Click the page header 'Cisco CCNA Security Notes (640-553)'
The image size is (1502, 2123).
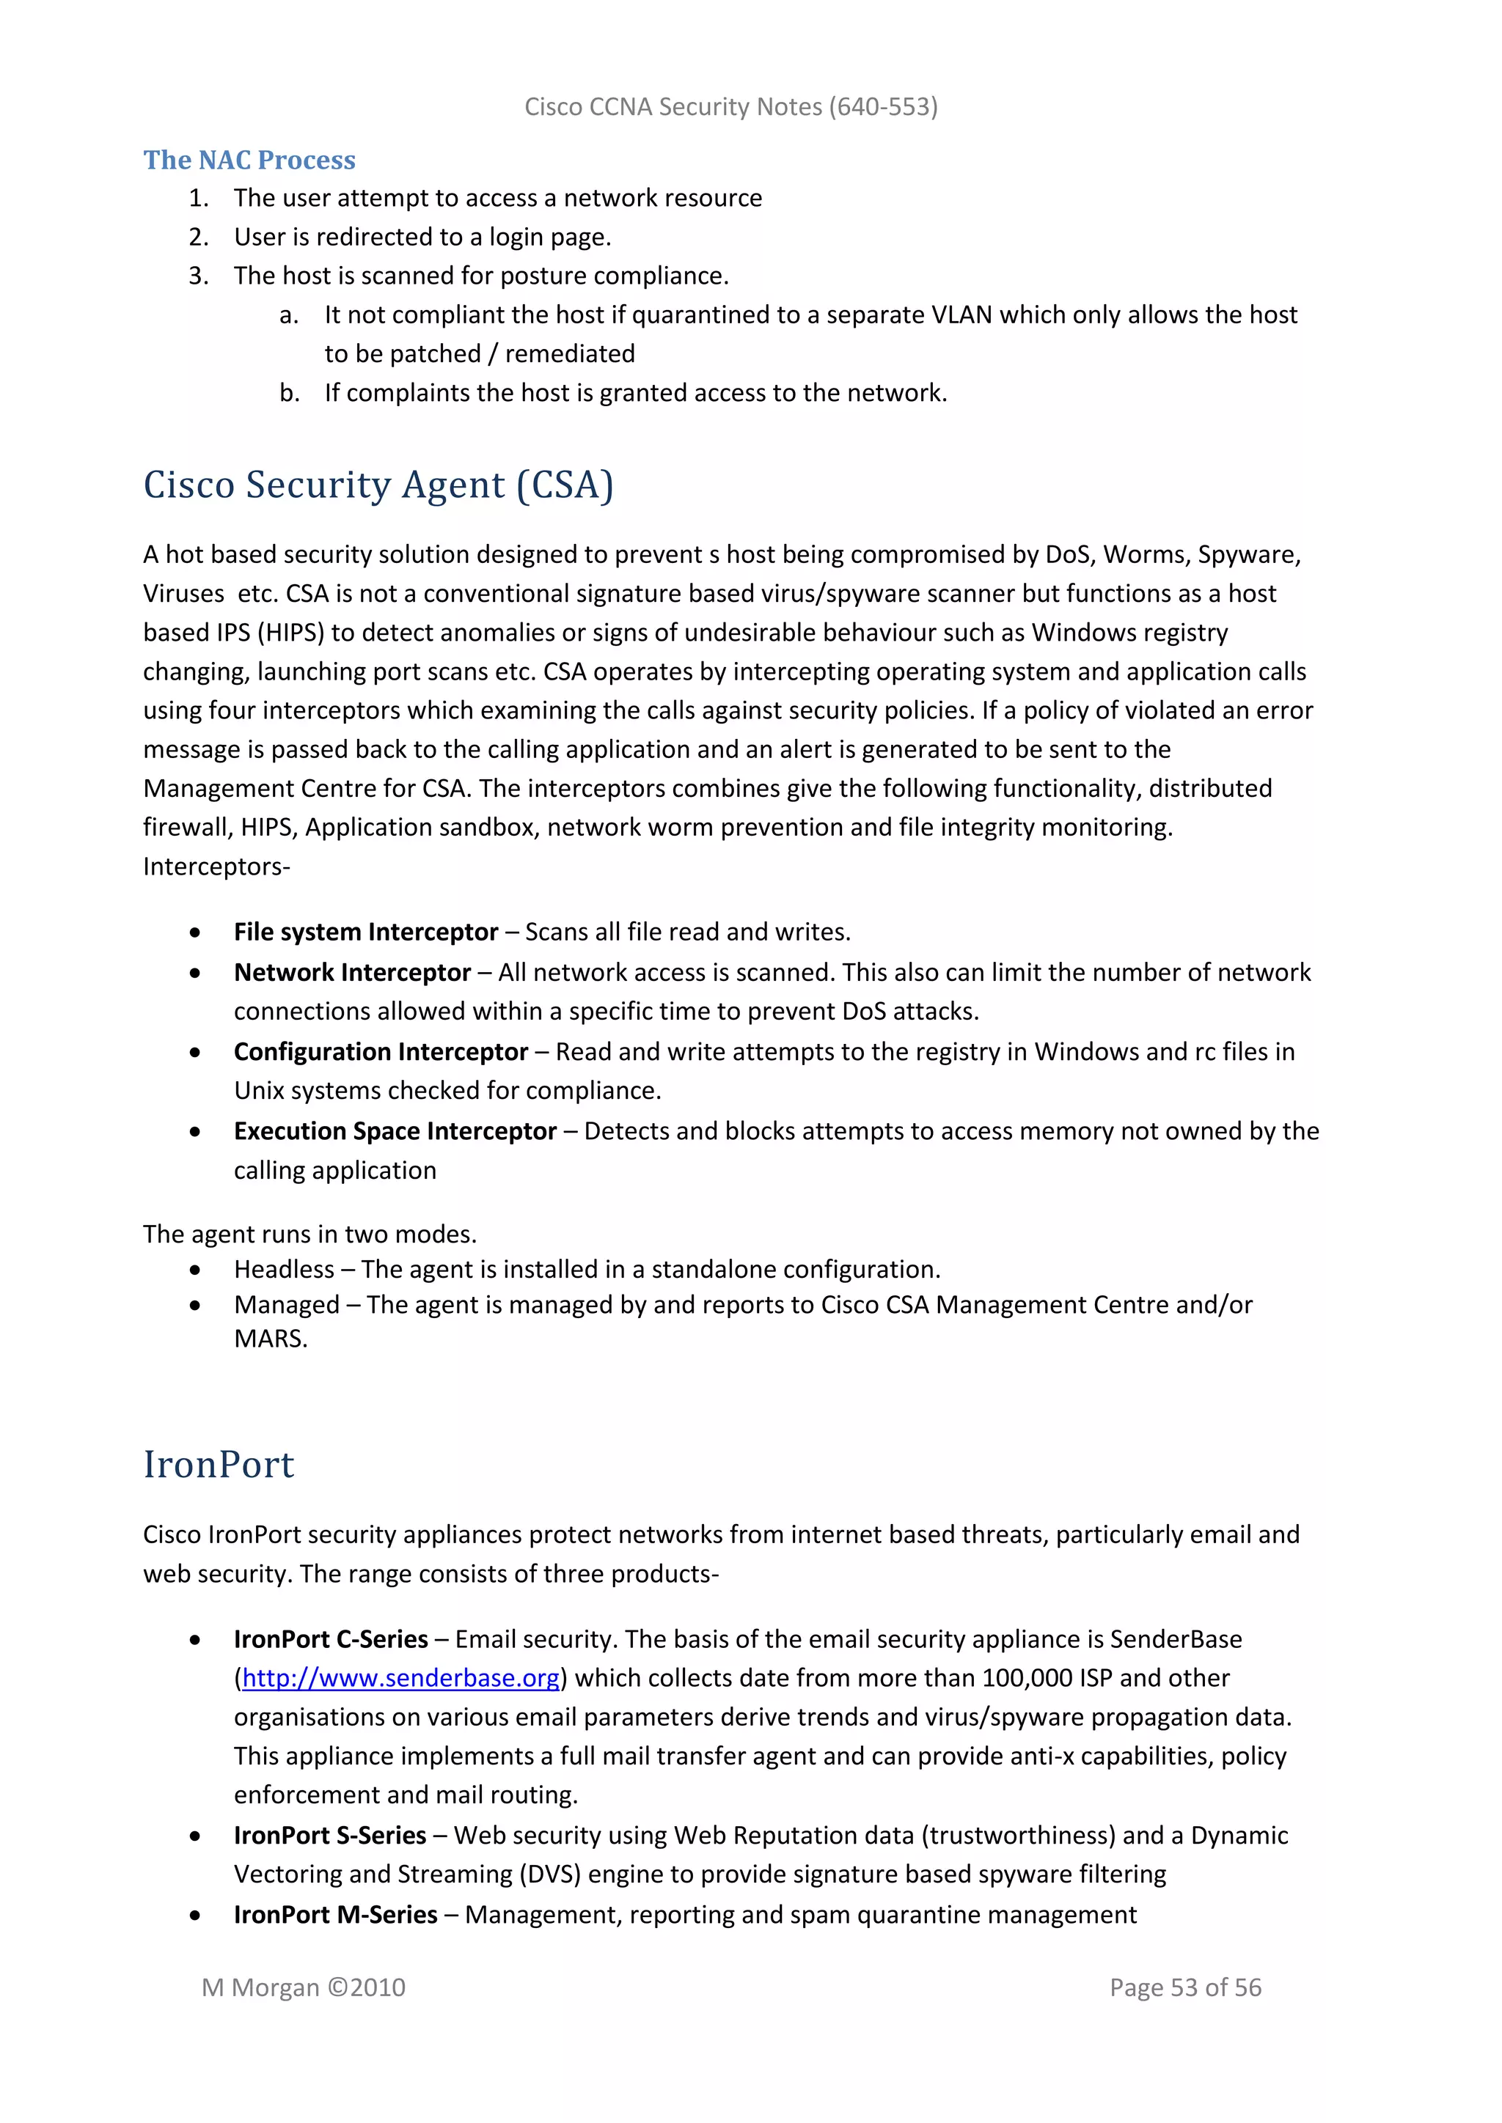pyautogui.click(x=730, y=107)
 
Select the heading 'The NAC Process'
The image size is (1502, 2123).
pyautogui.click(x=249, y=160)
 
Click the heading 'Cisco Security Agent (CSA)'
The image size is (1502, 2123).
pyautogui.click(x=378, y=485)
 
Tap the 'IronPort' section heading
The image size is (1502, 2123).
pyautogui.click(x=219, y=1465)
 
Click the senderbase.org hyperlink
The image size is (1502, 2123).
pyautogui.click(x=400, y=1677)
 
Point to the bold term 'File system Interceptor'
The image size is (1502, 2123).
pyautogui.click(x=365, y=931)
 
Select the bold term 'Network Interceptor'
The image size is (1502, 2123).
pyautogui.click(x=352, y=972)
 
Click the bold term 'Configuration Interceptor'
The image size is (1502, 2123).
pyautogui.click(x=380, y=1051)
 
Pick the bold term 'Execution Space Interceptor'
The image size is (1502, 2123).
pyautogui.click(x=395, y=1131)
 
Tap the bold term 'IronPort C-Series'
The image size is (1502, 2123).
pyautogui.click(x=330, y=1638)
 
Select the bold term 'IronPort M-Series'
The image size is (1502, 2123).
pyautogui.click(x=335, y=1914)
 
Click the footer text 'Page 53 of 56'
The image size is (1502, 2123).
pyautogui.click(x=1184, y=1987)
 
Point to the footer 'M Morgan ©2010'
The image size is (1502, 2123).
pyautogui.click(x=304, y=1987)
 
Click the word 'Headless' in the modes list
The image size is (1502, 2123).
pyautogui.click(x=284, y=1269)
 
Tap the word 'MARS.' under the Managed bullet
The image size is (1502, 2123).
pyautogui.click(x=270, y=1338)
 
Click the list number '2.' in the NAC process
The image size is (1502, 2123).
pyautogui.click(x=198, y=237)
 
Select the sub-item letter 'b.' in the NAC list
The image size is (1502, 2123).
pyautogui.click(x=290, y=393)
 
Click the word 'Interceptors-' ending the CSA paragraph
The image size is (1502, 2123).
pyautogui.click(x=216, y=867)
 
